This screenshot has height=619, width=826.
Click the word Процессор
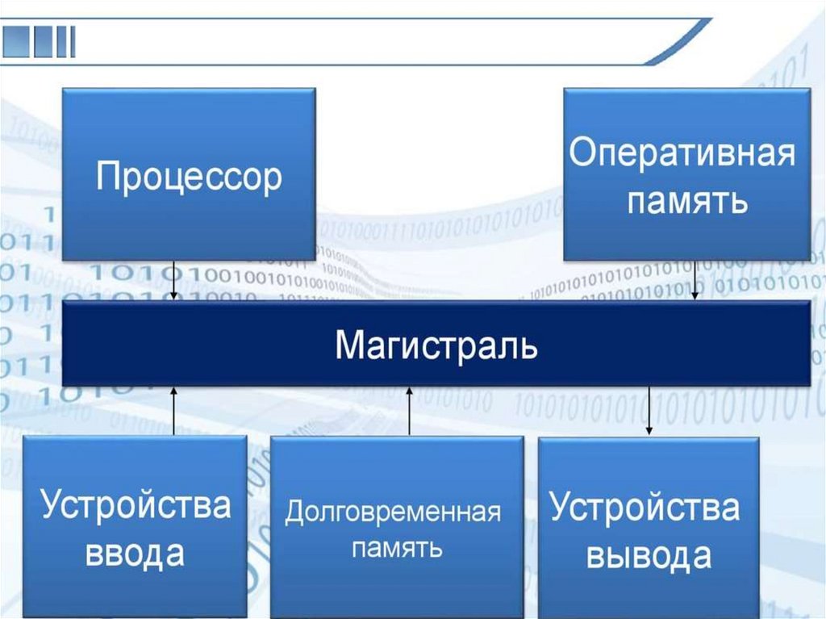[189, 175]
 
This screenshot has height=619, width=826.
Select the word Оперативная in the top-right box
[682, 153]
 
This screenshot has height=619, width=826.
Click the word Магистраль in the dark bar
[436, 345]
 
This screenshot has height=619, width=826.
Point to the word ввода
[135, 554]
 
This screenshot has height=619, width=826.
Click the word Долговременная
[393, 512]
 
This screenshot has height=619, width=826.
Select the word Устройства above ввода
[136, 505]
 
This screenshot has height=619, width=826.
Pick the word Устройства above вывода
[645, 508]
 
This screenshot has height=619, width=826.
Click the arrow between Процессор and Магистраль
[175, 280]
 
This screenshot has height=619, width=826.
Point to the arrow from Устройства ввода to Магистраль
[175, 411]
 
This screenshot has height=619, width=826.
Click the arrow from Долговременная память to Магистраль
[410, 412]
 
